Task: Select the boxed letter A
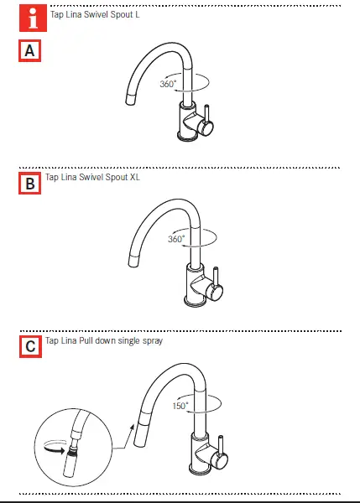pos(29,51)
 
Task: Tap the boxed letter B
pos(29,182)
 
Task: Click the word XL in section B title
pos(133,177)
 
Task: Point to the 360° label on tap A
pos(169,84)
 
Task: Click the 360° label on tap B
pos(175,239)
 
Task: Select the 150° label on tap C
pos(181,405)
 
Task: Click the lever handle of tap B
pos(217,282)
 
